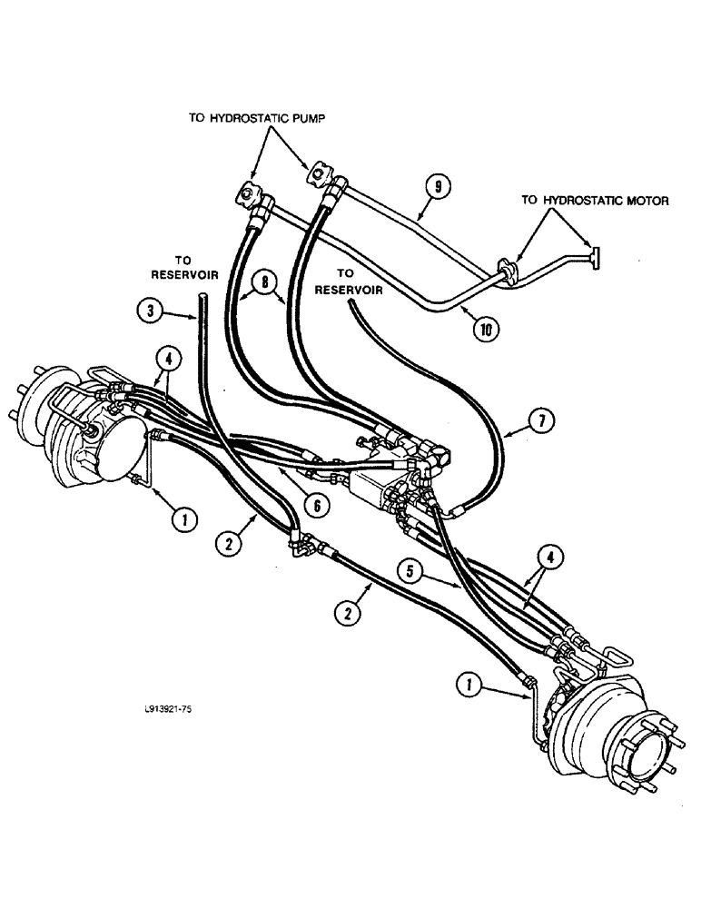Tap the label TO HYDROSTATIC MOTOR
(x=594, y=201)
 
